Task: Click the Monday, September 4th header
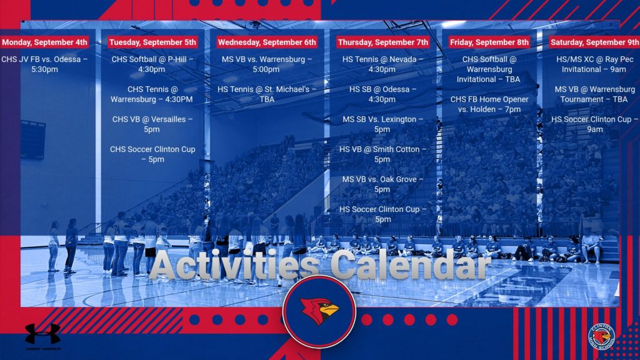44,42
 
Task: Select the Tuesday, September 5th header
152,42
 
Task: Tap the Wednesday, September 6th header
266,42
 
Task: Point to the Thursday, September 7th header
383,42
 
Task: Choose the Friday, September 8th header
489,42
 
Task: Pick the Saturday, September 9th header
594,42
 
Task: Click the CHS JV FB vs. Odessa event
44,64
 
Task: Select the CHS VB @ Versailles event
152,124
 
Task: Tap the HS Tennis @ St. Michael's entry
266,94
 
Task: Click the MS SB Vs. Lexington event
382,124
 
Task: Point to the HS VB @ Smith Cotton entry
382,154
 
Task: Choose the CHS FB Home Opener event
489,104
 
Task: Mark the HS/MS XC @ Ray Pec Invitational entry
594,64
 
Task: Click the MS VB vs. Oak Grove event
382,184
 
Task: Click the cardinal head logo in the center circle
319,311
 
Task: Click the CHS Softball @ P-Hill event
152,64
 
